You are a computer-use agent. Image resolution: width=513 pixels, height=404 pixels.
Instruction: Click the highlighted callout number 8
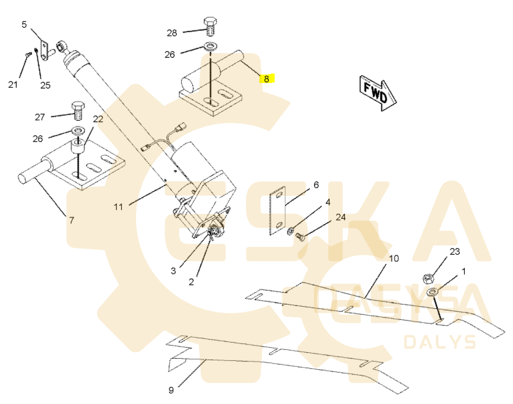[266, 79]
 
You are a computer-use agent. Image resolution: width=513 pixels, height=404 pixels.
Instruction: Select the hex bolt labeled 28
[211, 27]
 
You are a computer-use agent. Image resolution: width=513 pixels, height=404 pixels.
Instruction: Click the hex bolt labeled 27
[78, 111]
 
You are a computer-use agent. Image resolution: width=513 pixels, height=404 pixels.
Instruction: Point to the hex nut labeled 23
[428, 279]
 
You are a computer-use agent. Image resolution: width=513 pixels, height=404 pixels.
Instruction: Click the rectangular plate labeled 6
[278, 211]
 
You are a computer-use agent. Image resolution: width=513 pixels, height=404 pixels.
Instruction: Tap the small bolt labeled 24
[300, 236]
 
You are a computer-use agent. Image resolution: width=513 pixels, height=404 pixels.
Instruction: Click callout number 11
[118, 207]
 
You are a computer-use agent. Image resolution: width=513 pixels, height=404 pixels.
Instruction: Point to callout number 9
[171, 390]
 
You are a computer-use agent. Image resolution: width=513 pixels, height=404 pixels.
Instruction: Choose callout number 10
[394, 258]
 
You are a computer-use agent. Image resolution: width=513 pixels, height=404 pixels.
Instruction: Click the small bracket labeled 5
[45, 50]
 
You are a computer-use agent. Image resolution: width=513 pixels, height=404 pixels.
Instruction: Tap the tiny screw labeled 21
[28, 55]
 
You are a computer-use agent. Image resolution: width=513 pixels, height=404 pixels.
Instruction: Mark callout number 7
[71, 220]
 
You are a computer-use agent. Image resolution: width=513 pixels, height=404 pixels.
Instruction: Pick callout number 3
[173, 271]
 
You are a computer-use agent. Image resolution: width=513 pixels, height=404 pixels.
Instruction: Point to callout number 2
[192, 282]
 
